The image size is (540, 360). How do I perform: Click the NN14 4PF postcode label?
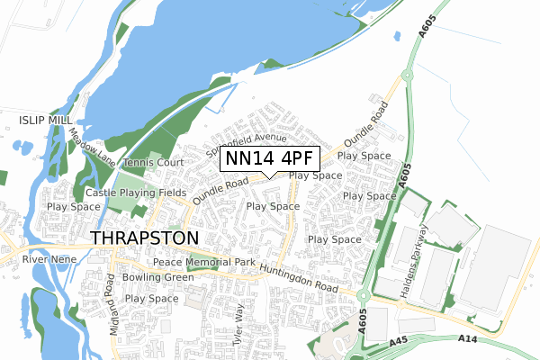[x=269, y=159]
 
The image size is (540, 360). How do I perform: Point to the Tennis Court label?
[x=153, y=163]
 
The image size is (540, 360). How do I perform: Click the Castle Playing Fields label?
[x=136, y=193]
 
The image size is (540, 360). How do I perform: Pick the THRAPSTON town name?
[x=144, y=238]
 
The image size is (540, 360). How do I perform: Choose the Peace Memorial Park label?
[x=203, y=262]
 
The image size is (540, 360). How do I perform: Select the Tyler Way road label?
[x=239, y=325]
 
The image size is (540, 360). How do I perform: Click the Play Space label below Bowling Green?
[x=151, y=299]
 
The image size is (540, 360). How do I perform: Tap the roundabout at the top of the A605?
[x=404, y=76]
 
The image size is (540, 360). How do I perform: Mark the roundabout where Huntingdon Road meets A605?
[x=364, y=295]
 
